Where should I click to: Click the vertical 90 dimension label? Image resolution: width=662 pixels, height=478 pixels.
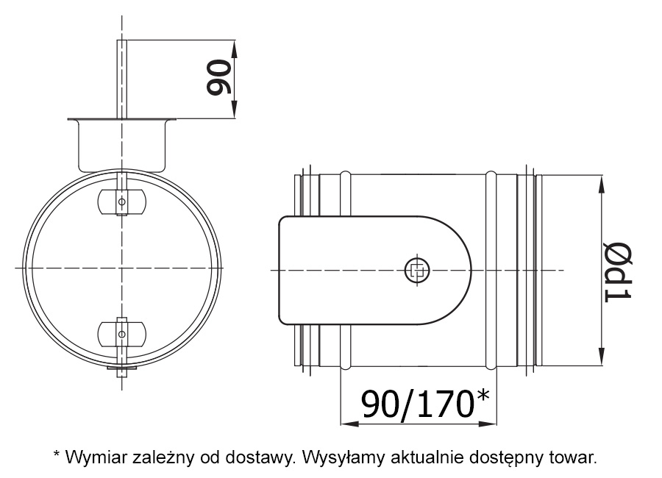(219, 79)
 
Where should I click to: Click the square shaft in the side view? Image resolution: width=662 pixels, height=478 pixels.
(416, 270)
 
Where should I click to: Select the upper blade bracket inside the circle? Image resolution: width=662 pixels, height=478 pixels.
(122, 199)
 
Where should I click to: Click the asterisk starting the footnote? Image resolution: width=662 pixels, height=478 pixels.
(57, 454)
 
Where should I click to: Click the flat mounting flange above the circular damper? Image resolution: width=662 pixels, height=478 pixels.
(122, 119)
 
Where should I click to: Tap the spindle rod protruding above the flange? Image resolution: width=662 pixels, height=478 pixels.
(122, 77)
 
